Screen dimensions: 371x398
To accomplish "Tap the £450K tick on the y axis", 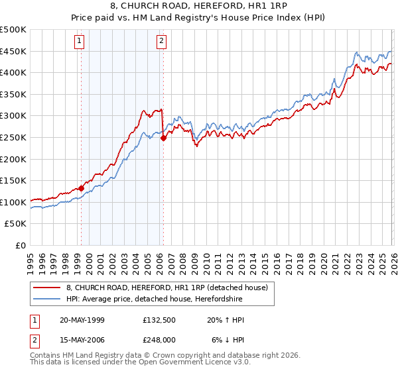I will tap(13, 52).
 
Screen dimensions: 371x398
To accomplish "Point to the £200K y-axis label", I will tap(13, 159).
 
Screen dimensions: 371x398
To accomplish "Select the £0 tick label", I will tap(20, 245).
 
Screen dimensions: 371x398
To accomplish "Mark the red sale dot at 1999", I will tap(82, 188).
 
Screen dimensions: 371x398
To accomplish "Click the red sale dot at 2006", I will tap(163, 138).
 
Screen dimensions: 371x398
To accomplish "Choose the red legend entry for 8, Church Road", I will tap(166, 287).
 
